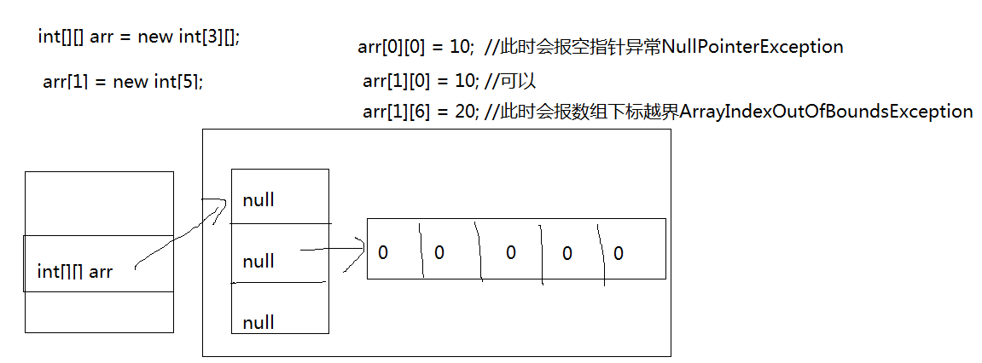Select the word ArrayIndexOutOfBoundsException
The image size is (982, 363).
[x=826, y=112]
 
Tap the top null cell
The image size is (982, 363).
[x=259, y=200]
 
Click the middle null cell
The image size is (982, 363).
[x=259, y=261]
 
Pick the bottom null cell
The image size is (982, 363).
[x=259, y=322]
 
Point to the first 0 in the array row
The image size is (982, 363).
[x=383, y=253]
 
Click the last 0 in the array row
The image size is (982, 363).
[x=619, y=253]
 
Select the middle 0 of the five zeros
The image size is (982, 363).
[x=511, y=253]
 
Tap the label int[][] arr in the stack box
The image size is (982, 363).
[x=75, y=272]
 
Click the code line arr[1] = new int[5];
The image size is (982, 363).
[x=123, y=82]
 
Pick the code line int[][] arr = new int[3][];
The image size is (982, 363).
[x=139, y=37]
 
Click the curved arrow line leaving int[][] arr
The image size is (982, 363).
[x=179, y=239]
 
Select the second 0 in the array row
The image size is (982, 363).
[x=439, y=253]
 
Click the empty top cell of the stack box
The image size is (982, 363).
[x=99, y=203]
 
